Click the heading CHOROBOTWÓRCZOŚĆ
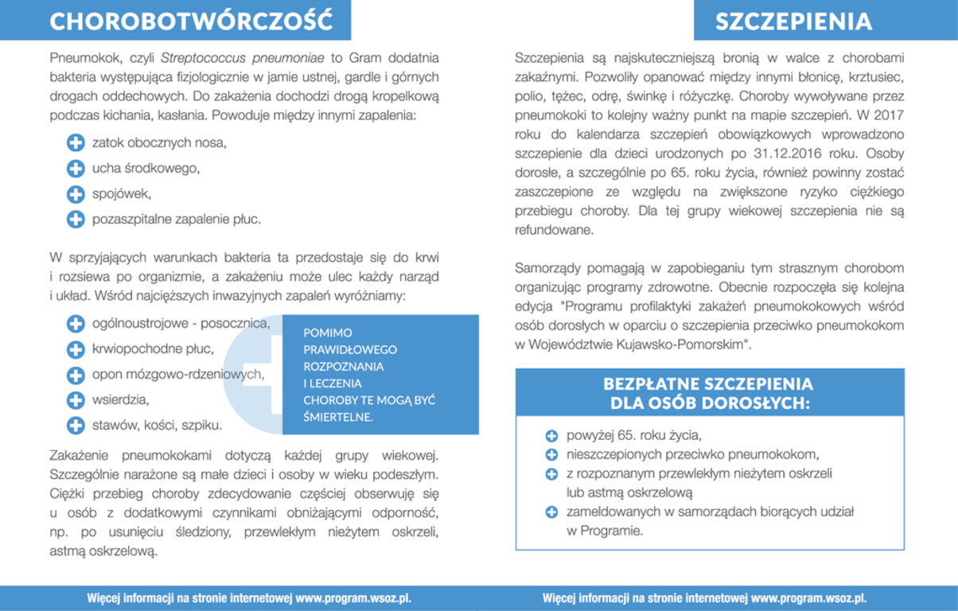191,21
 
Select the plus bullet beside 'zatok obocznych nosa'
76,143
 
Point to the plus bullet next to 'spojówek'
76,193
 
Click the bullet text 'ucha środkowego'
146,168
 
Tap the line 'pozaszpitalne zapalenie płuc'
176,219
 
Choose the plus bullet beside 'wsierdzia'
76,399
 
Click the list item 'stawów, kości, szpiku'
157,425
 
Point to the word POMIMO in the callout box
328,333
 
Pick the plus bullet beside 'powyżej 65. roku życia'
551,436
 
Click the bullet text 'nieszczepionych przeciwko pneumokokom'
692,455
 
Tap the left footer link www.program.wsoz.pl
353,598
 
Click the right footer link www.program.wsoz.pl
808,598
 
